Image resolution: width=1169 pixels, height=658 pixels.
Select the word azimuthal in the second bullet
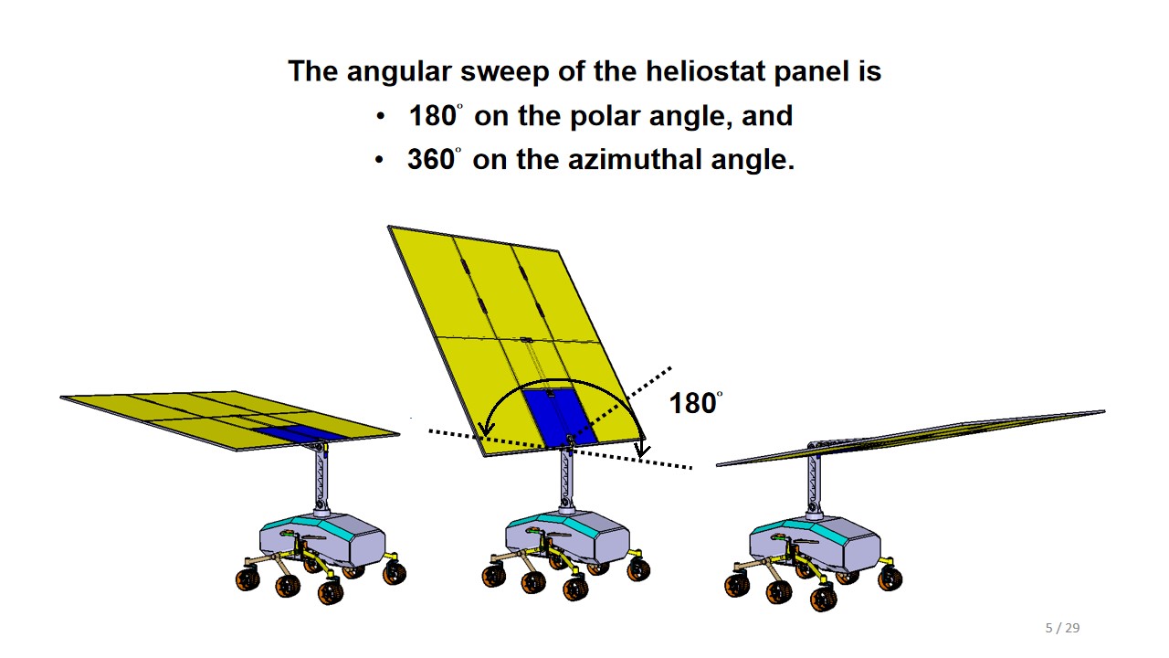point(635,159)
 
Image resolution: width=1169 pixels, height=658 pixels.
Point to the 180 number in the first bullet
point(433,116)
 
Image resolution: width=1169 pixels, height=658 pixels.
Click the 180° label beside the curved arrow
point(696,403)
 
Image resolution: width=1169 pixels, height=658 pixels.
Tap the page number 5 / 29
point(1062,628)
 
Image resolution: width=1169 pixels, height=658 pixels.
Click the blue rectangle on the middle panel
point(560,418)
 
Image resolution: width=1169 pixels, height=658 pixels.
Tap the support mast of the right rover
point(814,483)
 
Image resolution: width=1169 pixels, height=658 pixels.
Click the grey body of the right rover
point(814,544)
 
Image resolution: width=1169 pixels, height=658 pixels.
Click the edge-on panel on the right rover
point(911,438)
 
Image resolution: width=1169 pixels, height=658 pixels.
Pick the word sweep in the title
point(505,72)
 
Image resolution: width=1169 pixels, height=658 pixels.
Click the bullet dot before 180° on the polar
point(381,116)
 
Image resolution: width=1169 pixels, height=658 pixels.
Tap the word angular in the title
point(399,72)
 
